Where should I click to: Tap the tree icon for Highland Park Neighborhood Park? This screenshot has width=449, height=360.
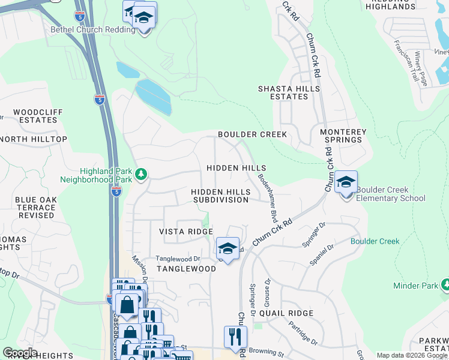pyautogui.click(x=141, y=175)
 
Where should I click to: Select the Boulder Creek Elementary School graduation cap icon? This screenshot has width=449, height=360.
pyautogui.click(x=346, y=182)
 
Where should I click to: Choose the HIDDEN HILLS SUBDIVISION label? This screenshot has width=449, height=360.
pyautogui.click(x=220, y=195)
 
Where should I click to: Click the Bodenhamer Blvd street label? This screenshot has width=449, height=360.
pyautogui.click(x=267, y=197)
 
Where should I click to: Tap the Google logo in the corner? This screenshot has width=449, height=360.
pyautogui.click(x=20, y=353)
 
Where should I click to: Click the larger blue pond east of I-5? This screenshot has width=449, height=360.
pyautogui.click(x=154, y=97)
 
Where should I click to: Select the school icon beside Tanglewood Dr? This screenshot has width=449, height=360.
pyautogui.click(x=228, y=247)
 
